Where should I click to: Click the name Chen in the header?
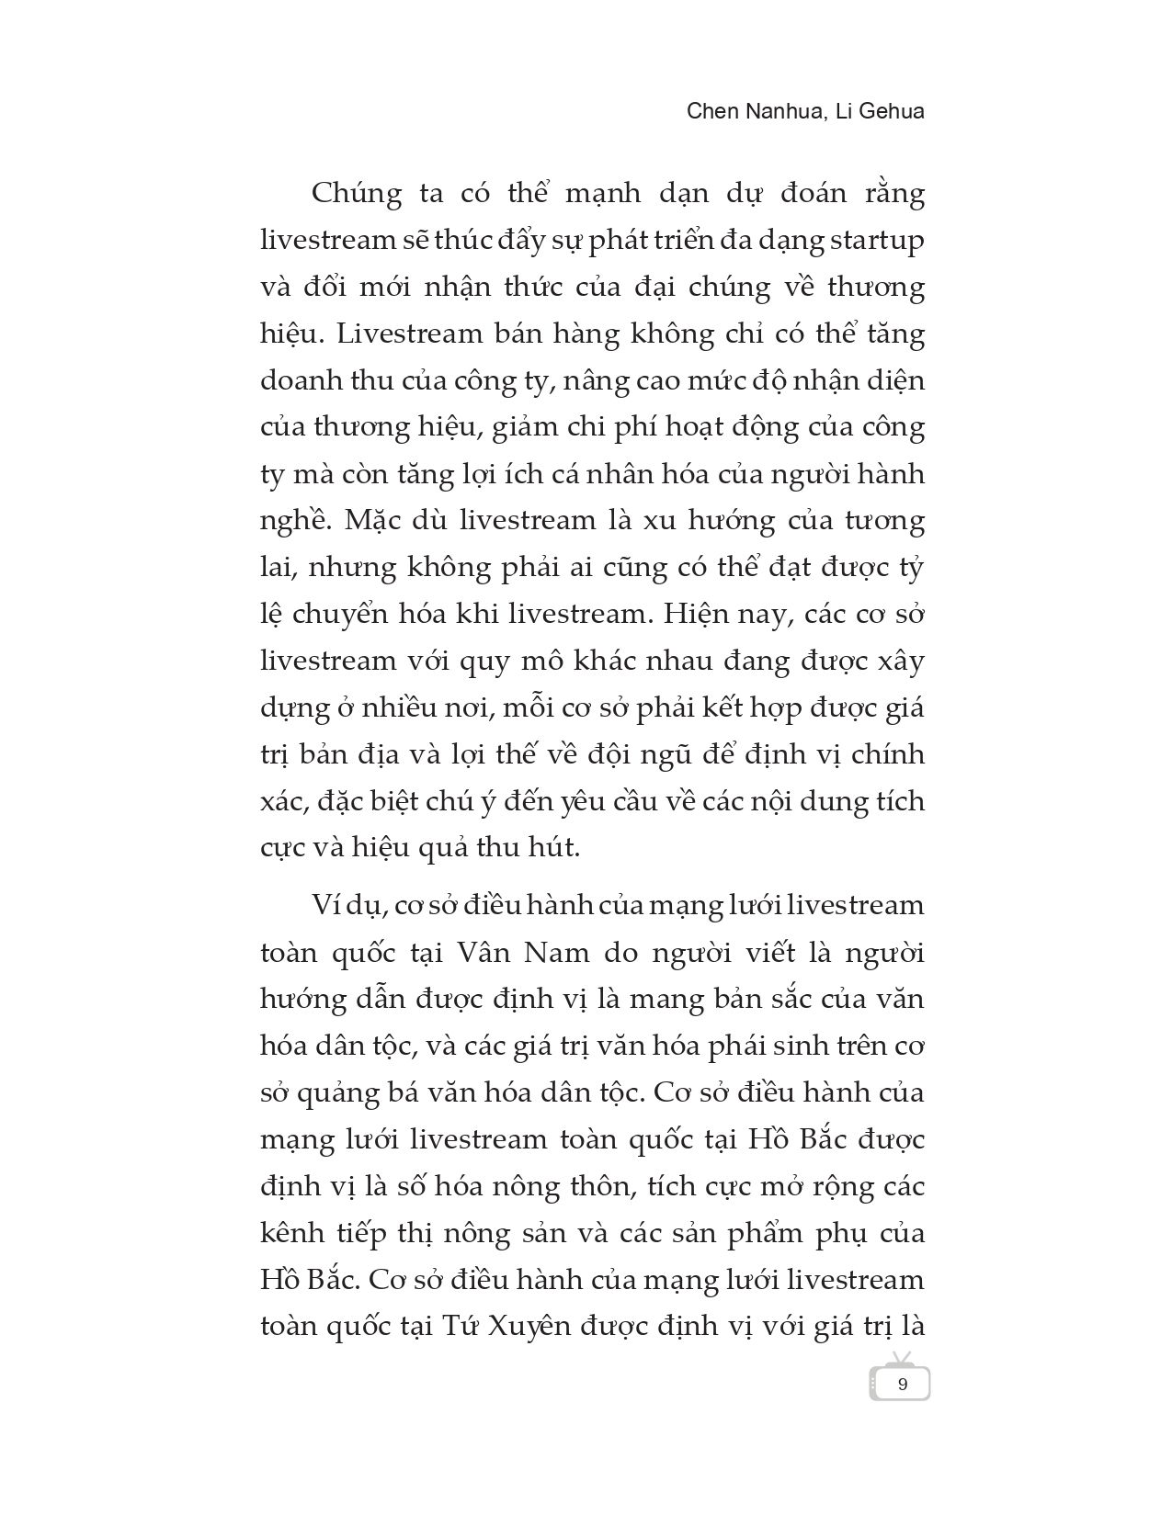tap(713, 111)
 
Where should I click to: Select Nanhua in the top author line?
tap(791, 111)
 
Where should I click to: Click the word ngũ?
tap(609, 754)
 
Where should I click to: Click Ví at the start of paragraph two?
tap(327, 905)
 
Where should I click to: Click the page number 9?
tap(902, 1384)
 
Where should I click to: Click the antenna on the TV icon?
tap(900, 1358)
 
